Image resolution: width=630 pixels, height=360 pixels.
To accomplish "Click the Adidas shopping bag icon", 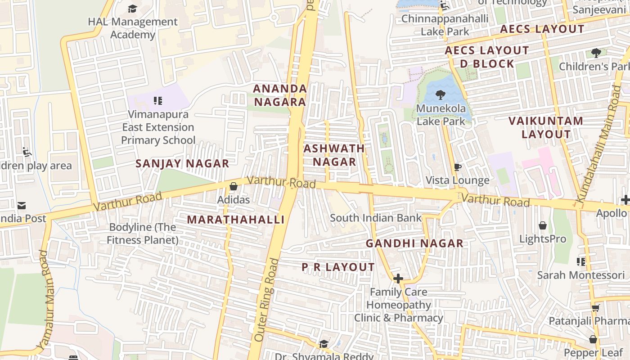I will (233, 186).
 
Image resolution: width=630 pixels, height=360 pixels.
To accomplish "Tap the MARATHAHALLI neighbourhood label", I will (236, 220).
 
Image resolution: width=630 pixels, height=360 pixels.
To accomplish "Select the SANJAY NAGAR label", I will (182, 164).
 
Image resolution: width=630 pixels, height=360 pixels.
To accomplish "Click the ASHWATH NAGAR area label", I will (334, 155).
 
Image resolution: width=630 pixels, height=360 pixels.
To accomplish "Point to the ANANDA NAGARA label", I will (280, 95).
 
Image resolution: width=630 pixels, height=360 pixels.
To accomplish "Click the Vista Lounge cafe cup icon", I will (458, 167).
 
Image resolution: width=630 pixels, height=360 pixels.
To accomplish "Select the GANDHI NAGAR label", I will (414, 243).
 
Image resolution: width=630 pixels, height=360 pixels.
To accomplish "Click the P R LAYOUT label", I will (338, 267).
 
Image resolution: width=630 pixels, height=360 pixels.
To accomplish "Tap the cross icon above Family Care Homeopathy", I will (398, 279).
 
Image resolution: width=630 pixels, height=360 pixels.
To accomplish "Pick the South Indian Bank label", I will (376, 218).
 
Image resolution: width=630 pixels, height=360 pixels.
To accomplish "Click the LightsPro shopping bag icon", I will (543, 225).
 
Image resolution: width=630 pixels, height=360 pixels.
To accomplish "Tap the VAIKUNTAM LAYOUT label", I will (546, 127).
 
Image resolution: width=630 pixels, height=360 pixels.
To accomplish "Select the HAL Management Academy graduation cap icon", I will (132, 9).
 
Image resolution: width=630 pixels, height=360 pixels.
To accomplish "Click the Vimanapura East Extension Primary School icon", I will (157, 100).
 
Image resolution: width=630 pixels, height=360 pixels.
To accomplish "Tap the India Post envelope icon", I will (21, 206).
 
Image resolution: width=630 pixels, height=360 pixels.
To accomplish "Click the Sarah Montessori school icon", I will (580, 261).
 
